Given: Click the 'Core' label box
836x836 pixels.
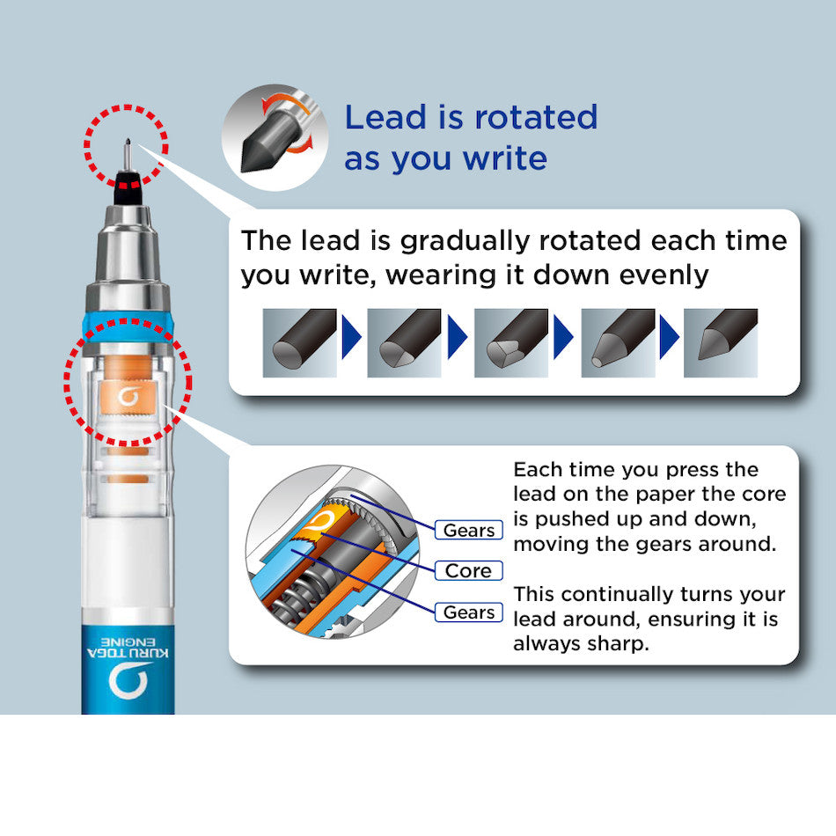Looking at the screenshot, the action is [469, 570].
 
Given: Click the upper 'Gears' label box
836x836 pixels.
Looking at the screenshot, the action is [469, 530].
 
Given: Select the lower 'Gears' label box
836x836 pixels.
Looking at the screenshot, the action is [469, 612].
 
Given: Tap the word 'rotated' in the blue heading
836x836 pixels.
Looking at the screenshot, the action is [536, 117].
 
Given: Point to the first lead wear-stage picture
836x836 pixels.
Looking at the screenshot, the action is [299, 343].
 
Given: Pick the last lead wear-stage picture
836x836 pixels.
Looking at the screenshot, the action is [721, 343].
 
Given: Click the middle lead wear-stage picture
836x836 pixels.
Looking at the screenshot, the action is [510, 343].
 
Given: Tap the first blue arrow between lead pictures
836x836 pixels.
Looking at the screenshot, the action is [351, 337].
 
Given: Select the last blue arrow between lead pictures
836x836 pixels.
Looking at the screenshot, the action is [669, 337].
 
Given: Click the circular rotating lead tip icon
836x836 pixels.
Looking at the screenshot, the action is [275, 137].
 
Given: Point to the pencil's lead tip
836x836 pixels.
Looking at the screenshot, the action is [128, 142].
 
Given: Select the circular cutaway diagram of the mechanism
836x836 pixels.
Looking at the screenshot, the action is [332, 552].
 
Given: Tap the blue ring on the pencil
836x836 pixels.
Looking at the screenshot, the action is [128, 326].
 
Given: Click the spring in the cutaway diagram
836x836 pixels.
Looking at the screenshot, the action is [298, 592].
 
